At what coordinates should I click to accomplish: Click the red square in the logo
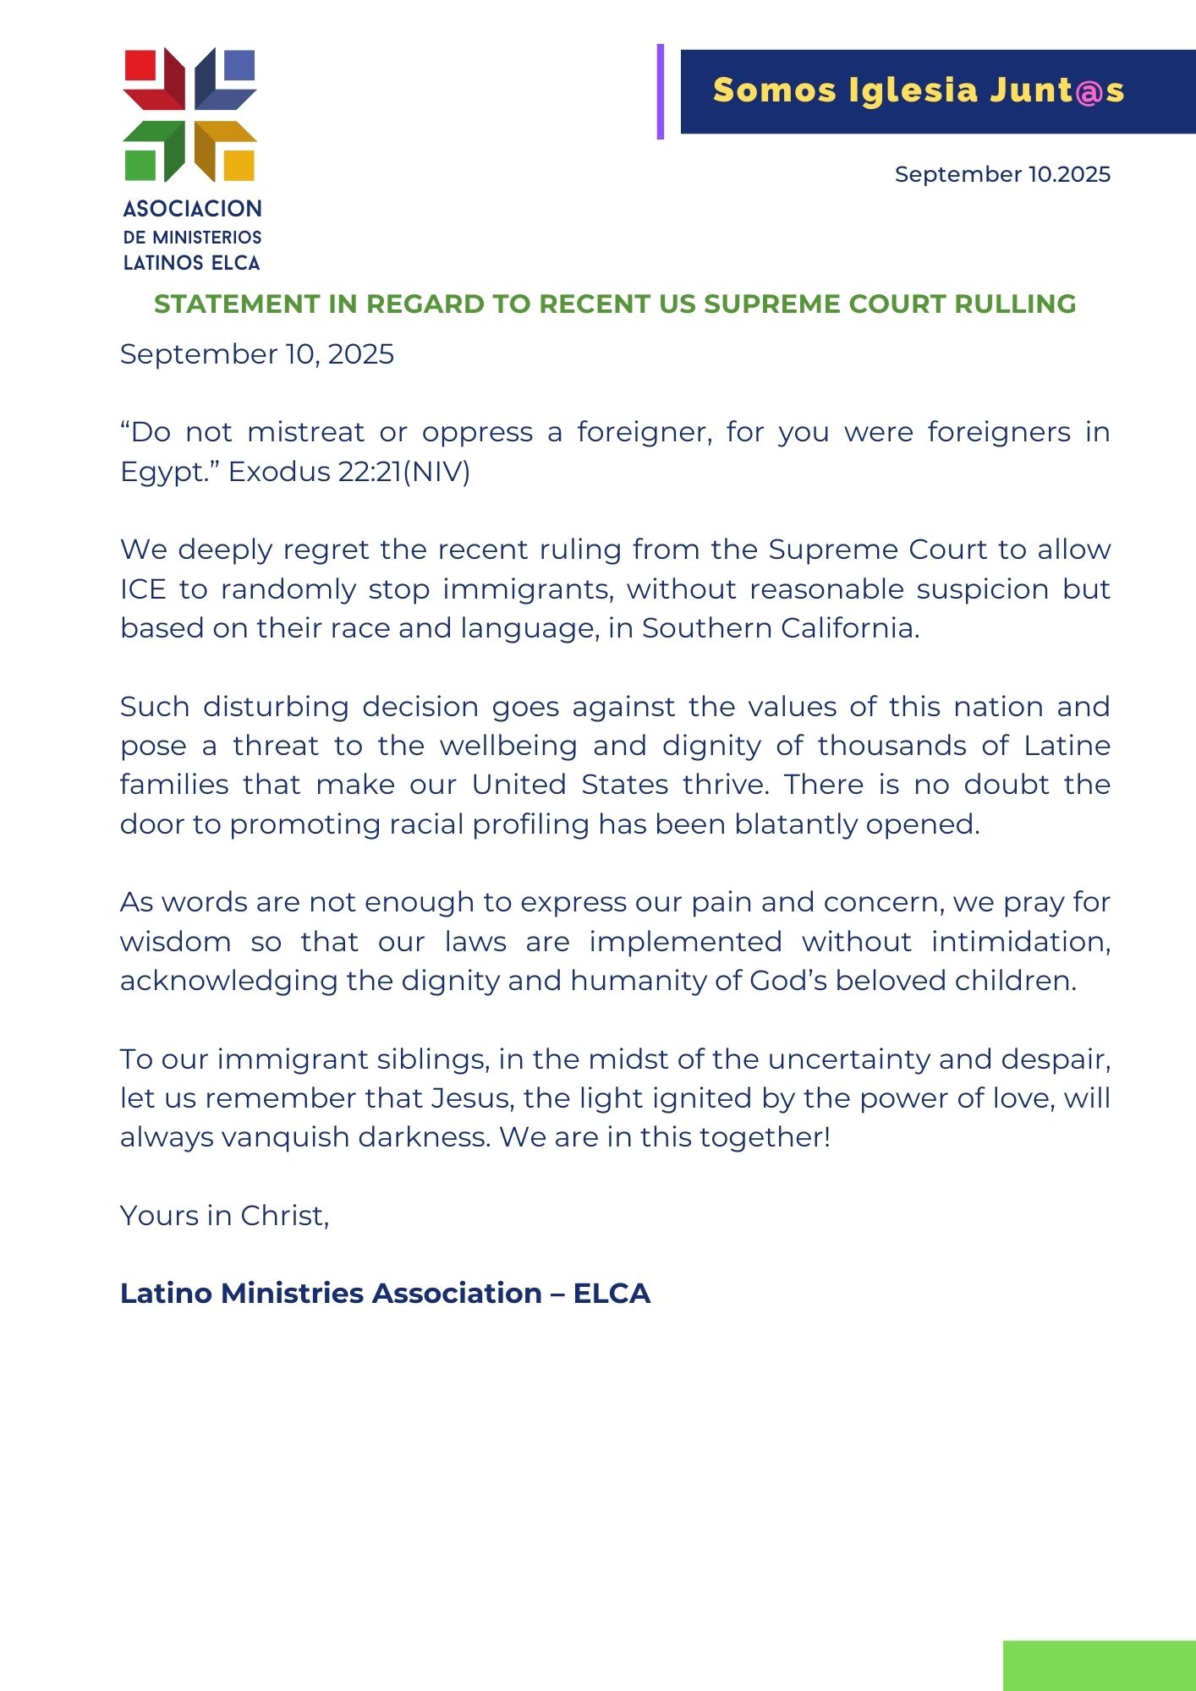[140, 65]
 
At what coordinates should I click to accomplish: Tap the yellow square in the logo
[239, 165]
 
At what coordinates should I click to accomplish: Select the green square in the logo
[140, 165]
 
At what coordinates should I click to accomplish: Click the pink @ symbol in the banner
[1090, 90]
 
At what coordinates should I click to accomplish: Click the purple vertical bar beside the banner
[661, 91]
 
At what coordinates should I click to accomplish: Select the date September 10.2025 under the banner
[1002, 174]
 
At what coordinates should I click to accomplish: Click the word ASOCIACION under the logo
[193, 209]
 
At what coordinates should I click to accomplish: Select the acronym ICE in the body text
[143, 589]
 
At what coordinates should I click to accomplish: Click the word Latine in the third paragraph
[1067, 746]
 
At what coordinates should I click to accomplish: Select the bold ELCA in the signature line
[612, 1294]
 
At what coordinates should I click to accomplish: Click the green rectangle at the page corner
[1099, 1666]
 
